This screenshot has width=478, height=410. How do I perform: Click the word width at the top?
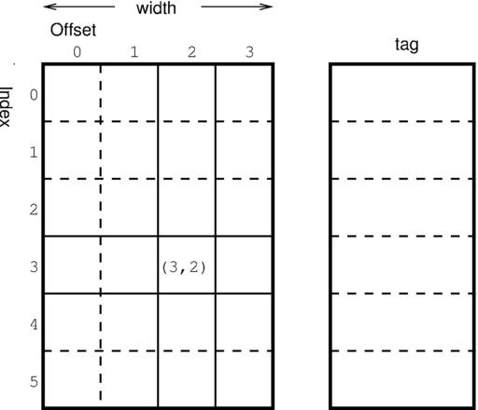[156, 8]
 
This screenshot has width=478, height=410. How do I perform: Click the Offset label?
[73, 30]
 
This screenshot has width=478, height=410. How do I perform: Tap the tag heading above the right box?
[407, 45]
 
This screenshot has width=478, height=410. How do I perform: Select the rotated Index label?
[6, 106]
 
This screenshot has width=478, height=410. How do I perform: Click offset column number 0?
[77, 52]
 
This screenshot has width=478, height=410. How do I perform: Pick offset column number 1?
[134, 52]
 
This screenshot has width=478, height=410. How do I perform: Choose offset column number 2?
[191, 52]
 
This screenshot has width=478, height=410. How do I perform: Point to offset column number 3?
[249, 52]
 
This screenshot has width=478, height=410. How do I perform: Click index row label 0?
[34, 95]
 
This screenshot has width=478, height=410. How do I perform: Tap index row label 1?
[34, 153]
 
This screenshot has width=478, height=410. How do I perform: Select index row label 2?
[34, 210]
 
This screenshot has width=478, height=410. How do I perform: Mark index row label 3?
[34, 267]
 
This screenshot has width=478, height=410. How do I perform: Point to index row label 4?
[34, 324]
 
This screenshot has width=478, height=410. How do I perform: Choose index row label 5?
[34, 382]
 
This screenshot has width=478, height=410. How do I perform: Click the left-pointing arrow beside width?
[79, 7]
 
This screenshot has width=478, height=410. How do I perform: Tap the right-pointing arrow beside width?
[237, 7]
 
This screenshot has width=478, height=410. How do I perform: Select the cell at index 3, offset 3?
[244, 265]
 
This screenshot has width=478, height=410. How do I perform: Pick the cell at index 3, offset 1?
[129, 265]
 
